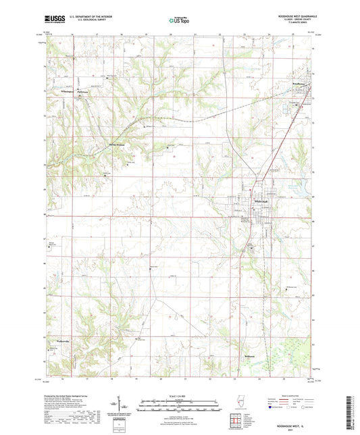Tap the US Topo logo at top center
pos(179,21)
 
